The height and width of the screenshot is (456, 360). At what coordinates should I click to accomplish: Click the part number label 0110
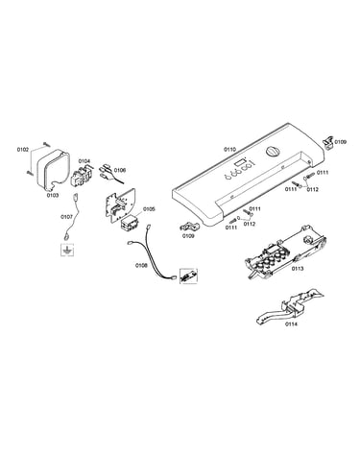point(229,149)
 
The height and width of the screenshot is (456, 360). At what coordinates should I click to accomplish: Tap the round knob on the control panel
point(273,152)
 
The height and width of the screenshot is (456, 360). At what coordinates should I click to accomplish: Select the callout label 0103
point(53,195)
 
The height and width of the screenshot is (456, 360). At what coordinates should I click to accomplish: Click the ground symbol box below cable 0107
point(67,250)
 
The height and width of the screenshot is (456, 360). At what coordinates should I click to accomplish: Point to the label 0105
point(149,209)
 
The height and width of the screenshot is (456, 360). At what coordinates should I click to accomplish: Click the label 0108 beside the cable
point(141,265)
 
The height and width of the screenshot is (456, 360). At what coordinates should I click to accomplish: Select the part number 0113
point(298,269)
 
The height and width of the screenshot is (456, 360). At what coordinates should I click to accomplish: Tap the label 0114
point(291,324)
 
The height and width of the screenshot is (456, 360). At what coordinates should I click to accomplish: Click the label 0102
point(23,150)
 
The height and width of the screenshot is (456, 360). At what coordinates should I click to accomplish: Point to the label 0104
point(84,161)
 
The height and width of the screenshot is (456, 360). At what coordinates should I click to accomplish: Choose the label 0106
point(120,170)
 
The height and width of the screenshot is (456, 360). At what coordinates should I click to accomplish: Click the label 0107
point(66,217)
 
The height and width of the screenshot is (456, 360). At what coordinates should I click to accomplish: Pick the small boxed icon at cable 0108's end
point(188,276)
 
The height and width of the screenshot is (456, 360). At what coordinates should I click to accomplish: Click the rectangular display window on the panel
point(240,163)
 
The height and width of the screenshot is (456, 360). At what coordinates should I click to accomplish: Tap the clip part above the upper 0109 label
point(327,142)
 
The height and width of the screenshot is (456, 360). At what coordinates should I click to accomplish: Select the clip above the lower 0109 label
point(189,226)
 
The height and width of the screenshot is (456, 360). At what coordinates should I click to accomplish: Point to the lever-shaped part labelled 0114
point(290,305)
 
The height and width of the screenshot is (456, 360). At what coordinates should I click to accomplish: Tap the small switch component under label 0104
point(83,175)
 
